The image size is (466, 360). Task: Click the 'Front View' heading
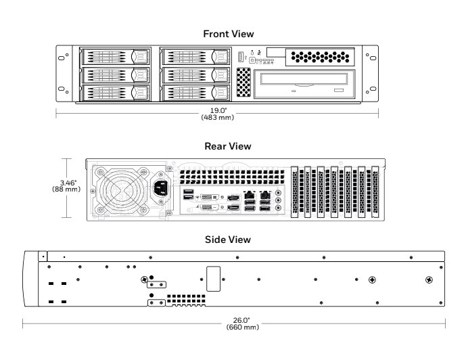tap(233, 33)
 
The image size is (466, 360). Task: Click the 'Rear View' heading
tap(232, 146)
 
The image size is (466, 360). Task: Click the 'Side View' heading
tap(232, 240)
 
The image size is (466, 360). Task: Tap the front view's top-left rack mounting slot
tap(63, 57)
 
